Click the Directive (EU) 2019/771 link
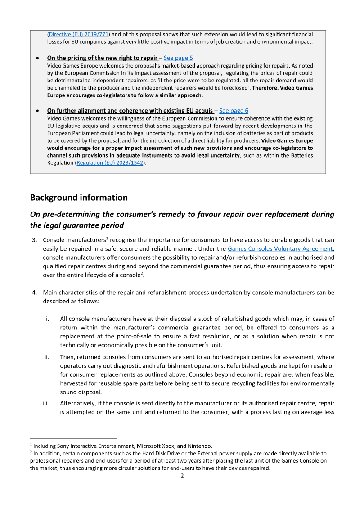pos(79,34)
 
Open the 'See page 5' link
pos(178,58)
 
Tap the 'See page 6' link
pos(234,111)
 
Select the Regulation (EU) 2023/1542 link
pos(111,163)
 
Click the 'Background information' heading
pos(79,198)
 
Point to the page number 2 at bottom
pos(182,476)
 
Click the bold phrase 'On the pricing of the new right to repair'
pos(102,58)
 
